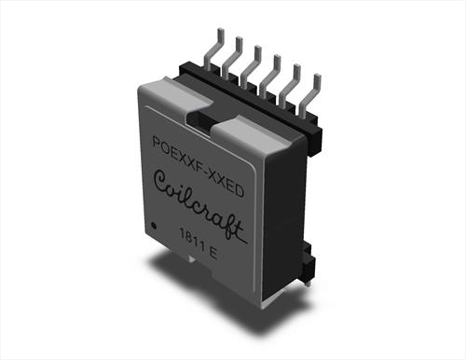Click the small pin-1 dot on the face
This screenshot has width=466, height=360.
(x=154, y=226)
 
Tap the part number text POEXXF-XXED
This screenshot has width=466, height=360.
(x=198, y=166)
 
